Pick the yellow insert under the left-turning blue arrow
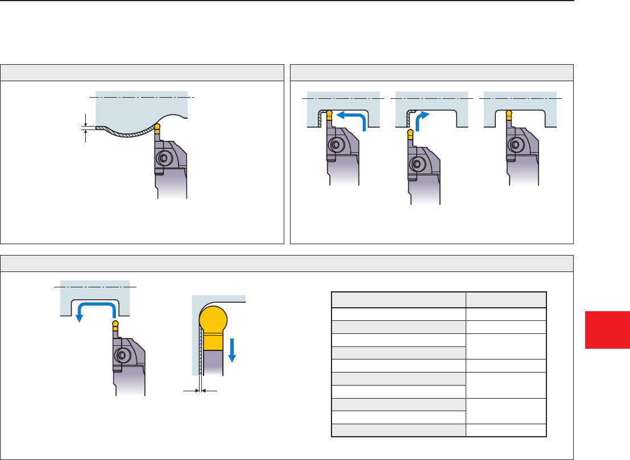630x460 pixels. point(329,117)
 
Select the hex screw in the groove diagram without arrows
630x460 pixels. point(517,145)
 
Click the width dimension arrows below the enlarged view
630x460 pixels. point(200,391)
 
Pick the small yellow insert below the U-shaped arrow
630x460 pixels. point(115,326)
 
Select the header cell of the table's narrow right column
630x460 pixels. point(506,300)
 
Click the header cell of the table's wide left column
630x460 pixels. point(398,300)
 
